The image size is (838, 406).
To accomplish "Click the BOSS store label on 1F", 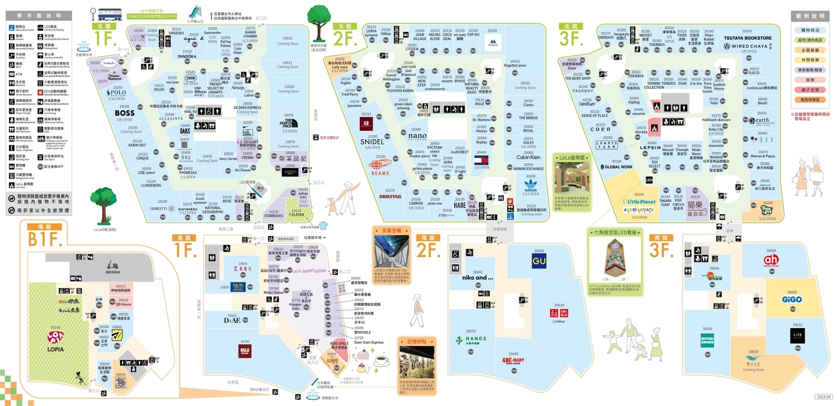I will pyautogui.click(x=125, y=113).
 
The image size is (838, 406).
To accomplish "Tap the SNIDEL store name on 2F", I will pyautogui.click(x=373, y=141).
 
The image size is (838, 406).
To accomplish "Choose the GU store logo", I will pyautogui.click(x=539, y=261).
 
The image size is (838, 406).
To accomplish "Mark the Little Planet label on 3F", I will pyautogui.click(x=639, y=202).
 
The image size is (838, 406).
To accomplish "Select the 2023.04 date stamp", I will pyautogui.click(x=823, y=396).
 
